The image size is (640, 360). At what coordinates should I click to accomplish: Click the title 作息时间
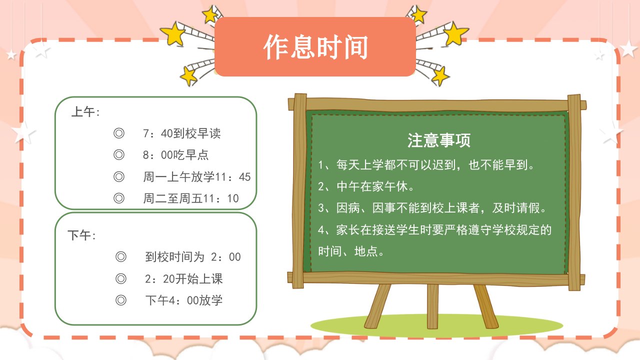tap(315, 47)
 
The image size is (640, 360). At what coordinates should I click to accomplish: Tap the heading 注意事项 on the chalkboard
tap(439, 140)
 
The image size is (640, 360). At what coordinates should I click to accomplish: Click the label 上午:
tap(85, 111)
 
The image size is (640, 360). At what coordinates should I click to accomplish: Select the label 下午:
tap(81, 235)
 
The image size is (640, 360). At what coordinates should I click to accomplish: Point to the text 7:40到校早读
tap(182, 133)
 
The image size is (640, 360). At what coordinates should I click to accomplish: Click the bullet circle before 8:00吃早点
tap(119, 155)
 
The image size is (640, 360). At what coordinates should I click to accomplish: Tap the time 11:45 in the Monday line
tap(232, 177)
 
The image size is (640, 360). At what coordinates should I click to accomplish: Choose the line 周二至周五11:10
tap(191, 198)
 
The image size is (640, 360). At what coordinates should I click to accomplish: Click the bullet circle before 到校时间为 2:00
tap(121, 256)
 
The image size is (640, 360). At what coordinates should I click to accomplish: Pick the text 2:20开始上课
tap(183, 279)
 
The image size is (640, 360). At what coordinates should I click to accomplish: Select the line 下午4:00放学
tap(183, 300)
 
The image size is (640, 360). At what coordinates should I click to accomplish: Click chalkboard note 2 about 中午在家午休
tap(365, 186)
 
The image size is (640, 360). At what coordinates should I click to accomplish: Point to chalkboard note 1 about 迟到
tap(426, 165)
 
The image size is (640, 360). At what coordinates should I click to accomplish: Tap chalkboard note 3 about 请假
tap(432, 208)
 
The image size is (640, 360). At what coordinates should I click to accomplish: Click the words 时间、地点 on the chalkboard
tap(351, 251)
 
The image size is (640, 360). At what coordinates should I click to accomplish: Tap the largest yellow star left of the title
tap(172, 33)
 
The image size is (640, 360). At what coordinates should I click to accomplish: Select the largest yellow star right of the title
tap(456, 33)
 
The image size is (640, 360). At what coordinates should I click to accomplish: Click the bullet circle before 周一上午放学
tap(119, 176)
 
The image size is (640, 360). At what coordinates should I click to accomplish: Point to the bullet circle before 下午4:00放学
tap(121, 300)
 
